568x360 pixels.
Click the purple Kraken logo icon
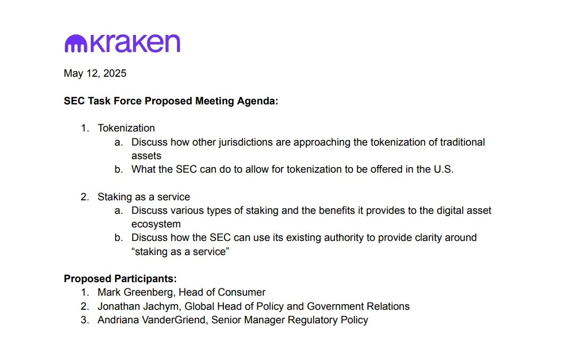click(76, 43)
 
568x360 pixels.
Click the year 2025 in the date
click(115, 73)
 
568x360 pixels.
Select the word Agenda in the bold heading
click(258, 101)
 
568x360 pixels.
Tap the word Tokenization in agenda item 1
click(126, 128)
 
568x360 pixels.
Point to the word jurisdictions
click(245, 142)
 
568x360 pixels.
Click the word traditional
click(462, 142)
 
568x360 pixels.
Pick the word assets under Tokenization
click(146, 156)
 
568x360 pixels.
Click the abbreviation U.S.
click(444, 169)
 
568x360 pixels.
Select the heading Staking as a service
click(144, 197)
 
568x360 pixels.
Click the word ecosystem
click(156, 225)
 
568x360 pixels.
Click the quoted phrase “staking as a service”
click(180, 252)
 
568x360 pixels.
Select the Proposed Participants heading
click(120, 279)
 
